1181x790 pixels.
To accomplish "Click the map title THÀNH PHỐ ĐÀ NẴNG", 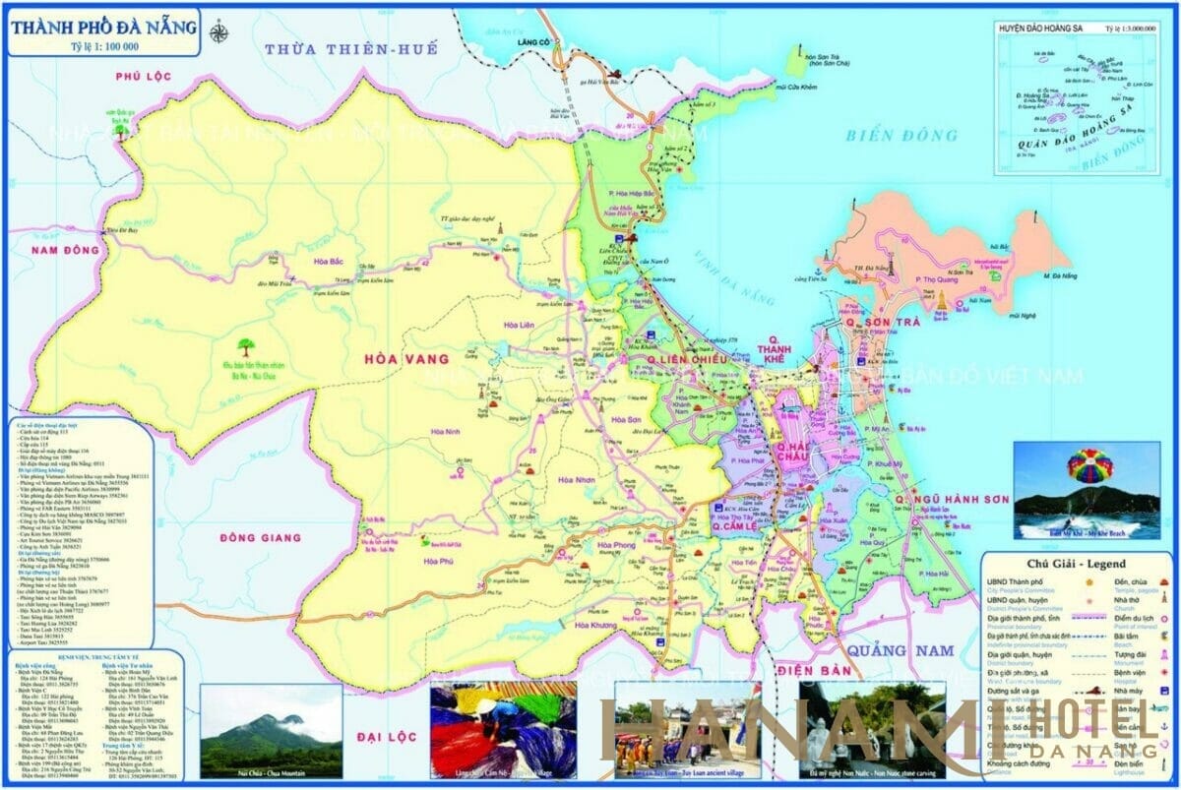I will pos(103,26).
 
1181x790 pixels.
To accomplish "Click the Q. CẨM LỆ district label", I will pos(740,527).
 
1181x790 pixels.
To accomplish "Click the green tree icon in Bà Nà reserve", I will pos(243,347).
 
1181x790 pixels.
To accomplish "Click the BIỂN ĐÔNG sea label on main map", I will pos(901,136).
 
